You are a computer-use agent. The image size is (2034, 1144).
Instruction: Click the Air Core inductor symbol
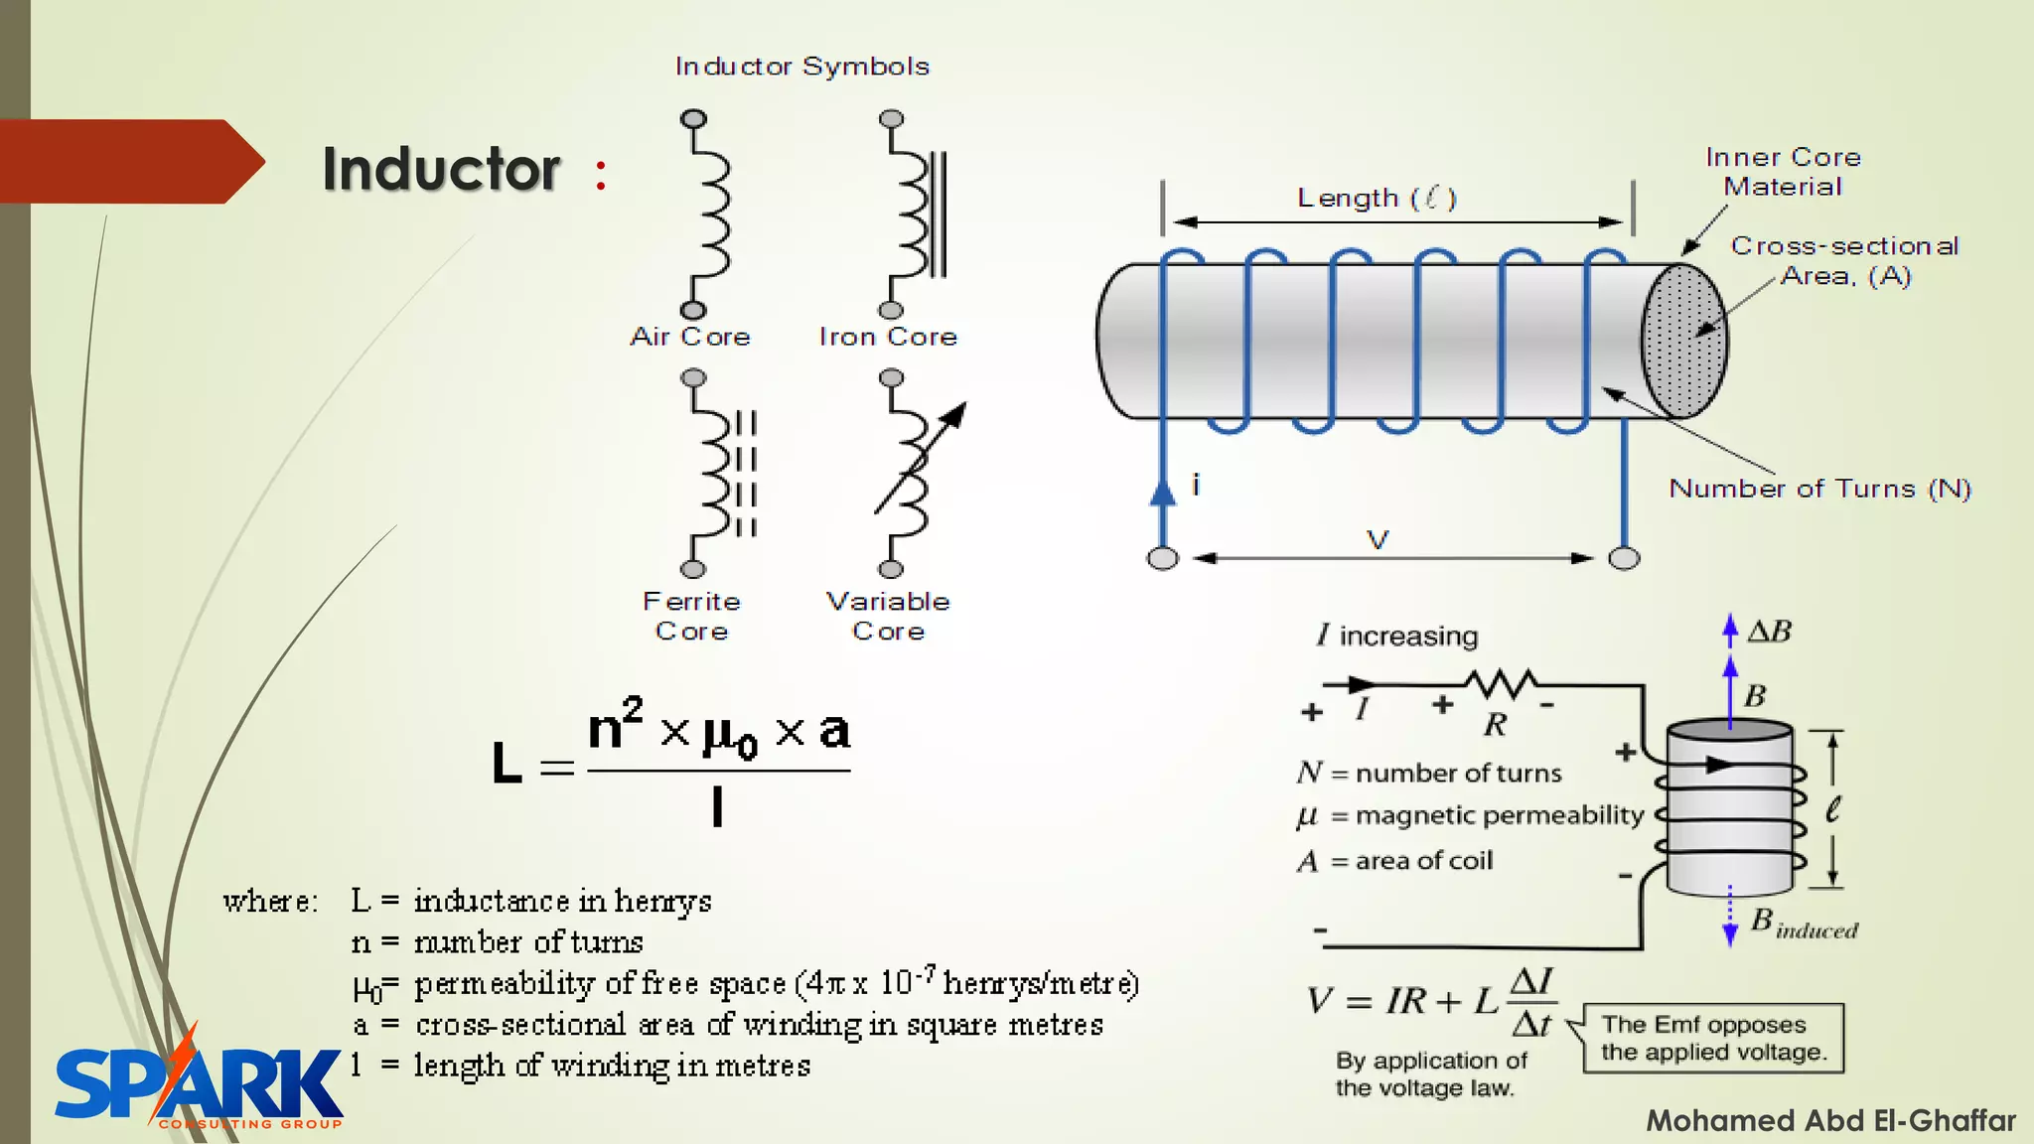coord(707,214)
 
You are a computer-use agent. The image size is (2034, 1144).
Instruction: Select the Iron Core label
coord(888,337)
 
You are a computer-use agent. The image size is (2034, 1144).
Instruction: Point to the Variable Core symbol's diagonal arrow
coord(922,457)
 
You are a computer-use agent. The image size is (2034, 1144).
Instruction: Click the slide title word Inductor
coord(441,169)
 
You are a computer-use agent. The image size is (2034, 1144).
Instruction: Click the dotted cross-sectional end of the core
coord(1683,341)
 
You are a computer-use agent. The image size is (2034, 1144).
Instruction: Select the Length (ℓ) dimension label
coord(1377,198)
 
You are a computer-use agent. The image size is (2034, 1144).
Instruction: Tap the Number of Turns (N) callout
coord(1819,489)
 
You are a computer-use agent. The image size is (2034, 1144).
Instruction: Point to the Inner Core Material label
coord(1783,172)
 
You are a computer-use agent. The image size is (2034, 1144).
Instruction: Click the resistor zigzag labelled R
coord(1501,684)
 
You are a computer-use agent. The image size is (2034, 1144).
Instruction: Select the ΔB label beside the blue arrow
coord(1770,632)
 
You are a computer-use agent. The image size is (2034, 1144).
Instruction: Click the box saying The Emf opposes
coord(1713,1038)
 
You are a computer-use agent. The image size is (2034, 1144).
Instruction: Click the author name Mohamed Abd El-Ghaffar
coord(1830,1120)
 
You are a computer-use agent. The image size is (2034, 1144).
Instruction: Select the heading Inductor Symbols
coord(802,67)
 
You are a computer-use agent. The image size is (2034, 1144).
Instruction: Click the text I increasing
coord(1397,636)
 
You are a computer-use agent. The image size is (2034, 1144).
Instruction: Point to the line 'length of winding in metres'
coord(612,1066)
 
